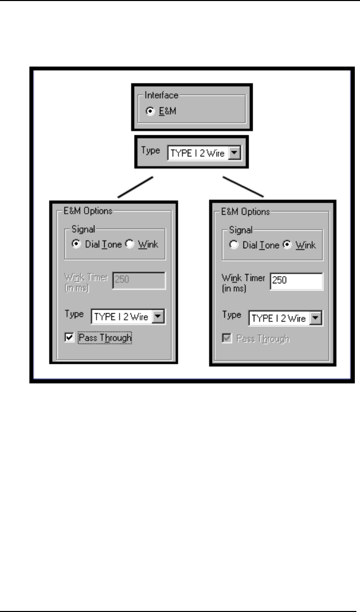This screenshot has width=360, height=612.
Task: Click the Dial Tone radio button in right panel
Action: point(234,246)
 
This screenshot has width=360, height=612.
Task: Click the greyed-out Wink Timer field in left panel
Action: point(138,280)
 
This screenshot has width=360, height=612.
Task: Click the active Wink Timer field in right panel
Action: point(296,282)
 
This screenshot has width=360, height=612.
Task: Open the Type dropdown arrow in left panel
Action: point(160,317)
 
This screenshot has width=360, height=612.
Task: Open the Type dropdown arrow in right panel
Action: point(317,318)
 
